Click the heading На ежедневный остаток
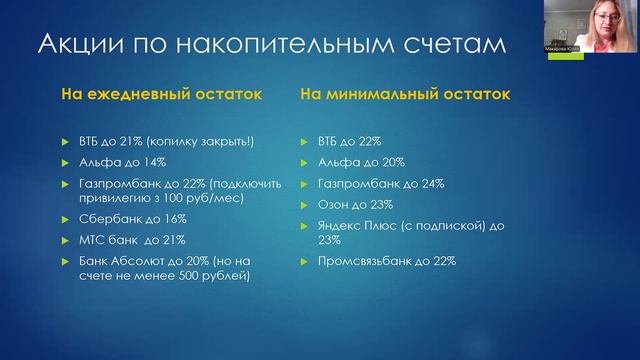pos(161,95)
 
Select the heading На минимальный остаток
pos(404,95)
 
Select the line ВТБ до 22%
pos(349,142)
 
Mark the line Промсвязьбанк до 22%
pos(386,261)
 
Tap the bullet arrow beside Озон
pos(305,206)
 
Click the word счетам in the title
pos(455,45)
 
